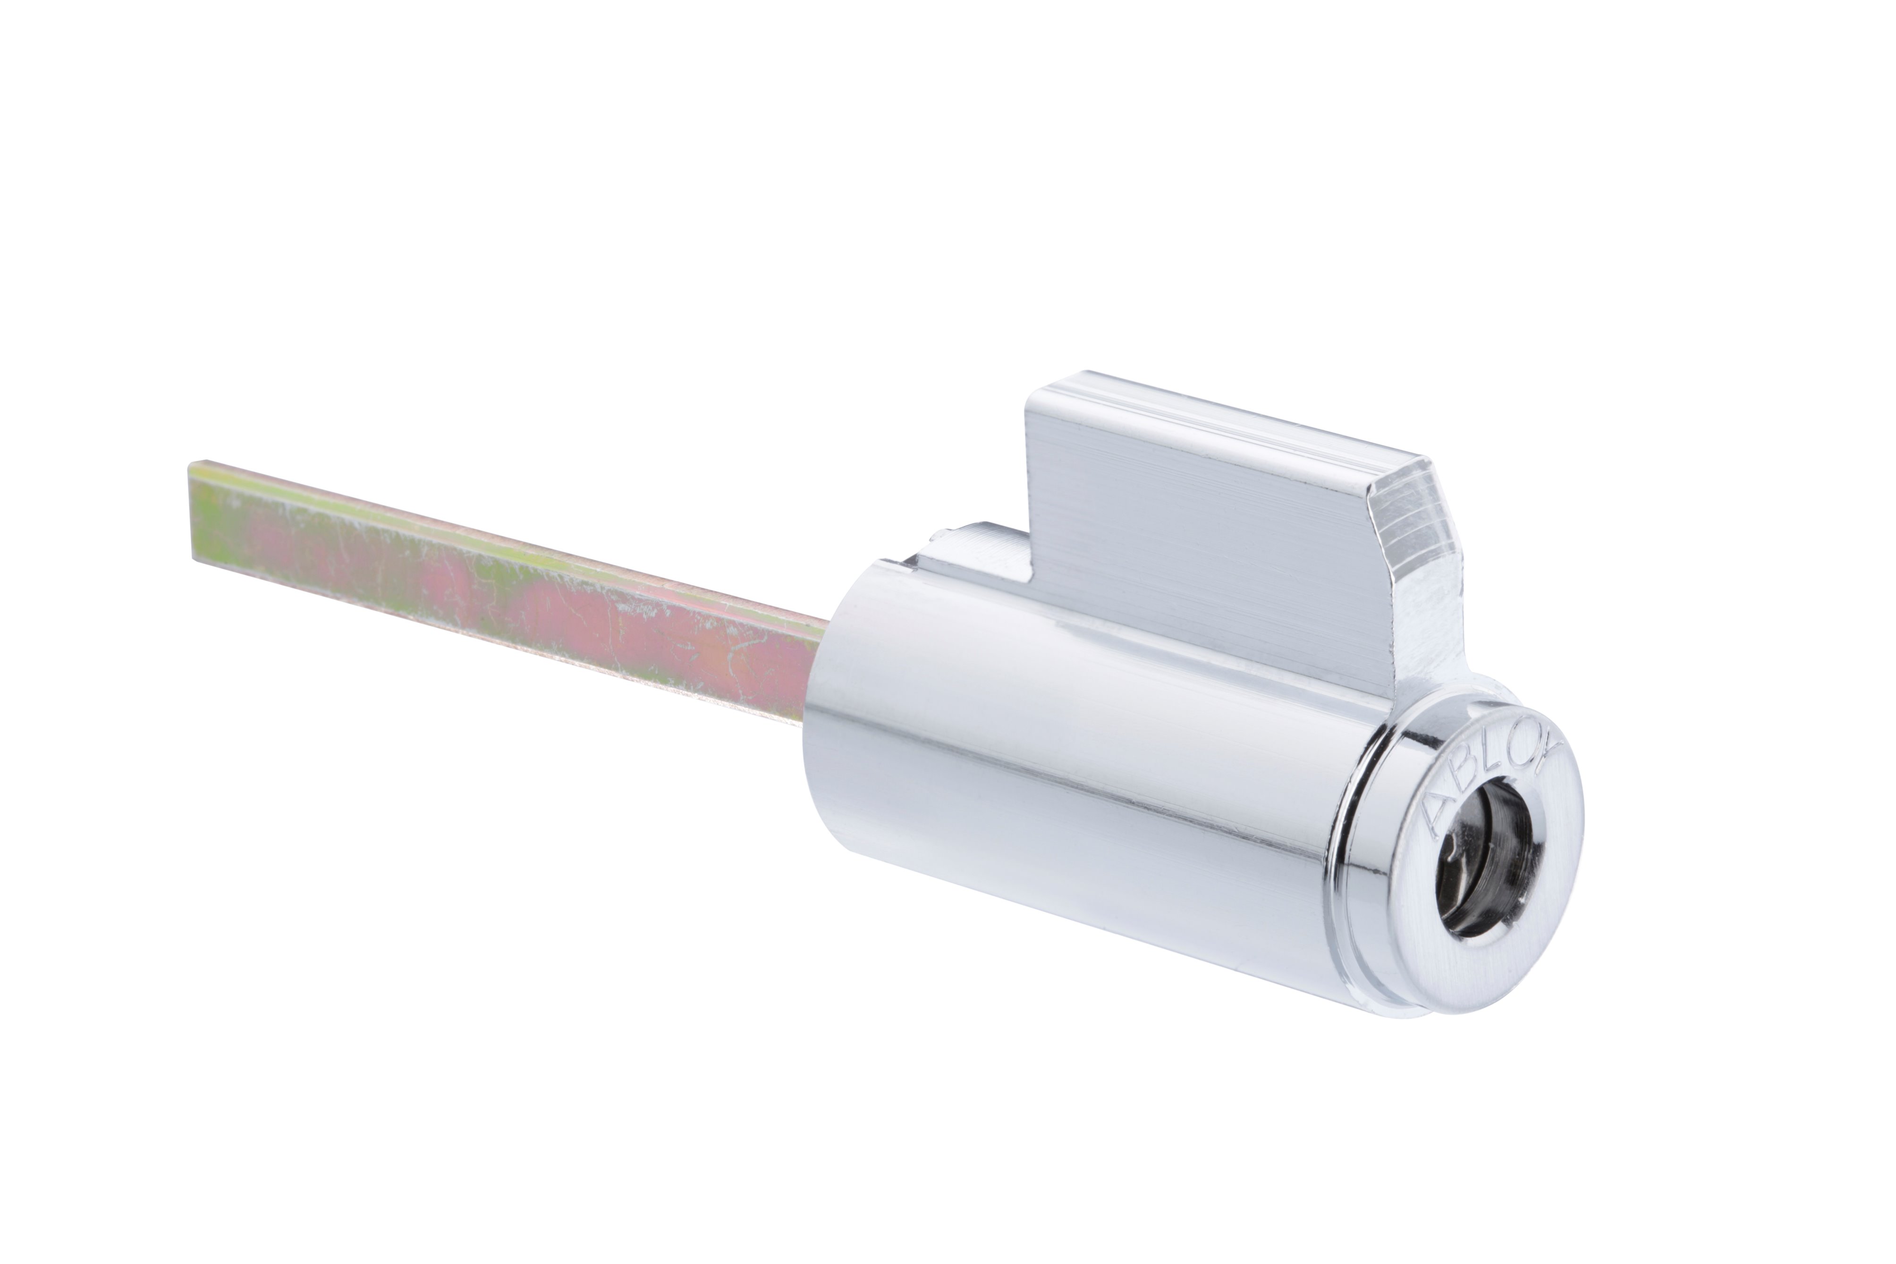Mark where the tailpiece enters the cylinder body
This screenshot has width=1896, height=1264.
[x=814, y=669]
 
